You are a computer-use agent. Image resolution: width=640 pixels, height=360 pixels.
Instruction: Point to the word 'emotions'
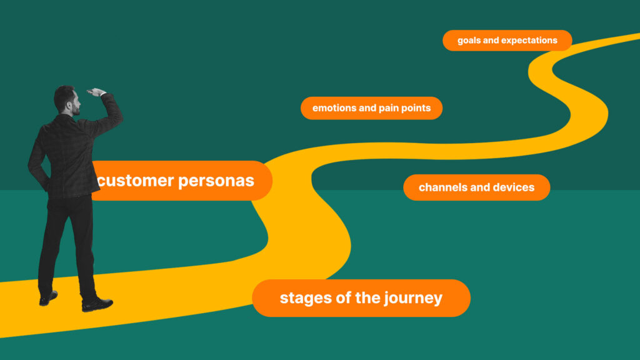335,108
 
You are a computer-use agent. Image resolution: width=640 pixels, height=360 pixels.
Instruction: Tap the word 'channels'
442,187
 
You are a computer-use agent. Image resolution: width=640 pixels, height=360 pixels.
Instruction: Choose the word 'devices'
514,187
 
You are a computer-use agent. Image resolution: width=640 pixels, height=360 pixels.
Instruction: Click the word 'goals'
469,41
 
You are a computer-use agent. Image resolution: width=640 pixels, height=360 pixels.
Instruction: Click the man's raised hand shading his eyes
96,92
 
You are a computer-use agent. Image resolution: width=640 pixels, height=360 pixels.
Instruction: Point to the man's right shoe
97,304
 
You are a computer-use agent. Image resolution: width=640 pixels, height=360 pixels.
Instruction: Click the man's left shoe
48,298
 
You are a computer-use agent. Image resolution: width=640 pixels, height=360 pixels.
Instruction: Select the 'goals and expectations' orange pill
507,41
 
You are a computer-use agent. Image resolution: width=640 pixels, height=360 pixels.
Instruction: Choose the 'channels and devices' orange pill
476,187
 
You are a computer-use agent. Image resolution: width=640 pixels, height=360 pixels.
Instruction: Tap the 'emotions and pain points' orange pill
371,108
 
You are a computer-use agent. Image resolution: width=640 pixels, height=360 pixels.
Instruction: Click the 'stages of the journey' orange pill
361,298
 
